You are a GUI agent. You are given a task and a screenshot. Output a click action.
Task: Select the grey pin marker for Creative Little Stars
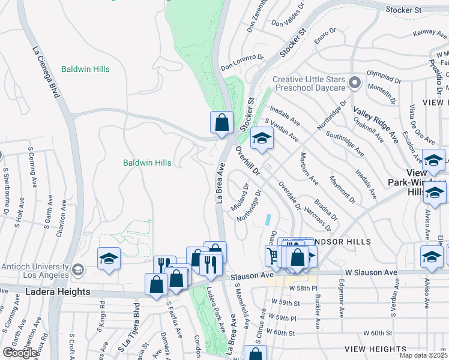(x=355, y=82)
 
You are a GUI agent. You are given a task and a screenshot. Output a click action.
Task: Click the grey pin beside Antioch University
(x=77, y=269)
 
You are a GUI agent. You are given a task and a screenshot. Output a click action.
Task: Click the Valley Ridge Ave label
(x=376, y=125)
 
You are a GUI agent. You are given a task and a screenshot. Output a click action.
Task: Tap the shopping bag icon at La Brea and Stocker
(x=221, y=122)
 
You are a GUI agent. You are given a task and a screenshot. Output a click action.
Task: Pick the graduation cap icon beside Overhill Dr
(x=261, y=139)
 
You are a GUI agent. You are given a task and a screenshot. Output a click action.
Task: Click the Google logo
(x=20, y=353)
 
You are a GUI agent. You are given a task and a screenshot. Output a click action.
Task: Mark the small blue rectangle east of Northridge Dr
(x=269, y=220)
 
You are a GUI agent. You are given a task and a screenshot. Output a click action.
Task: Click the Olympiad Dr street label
(x=384, y=78)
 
